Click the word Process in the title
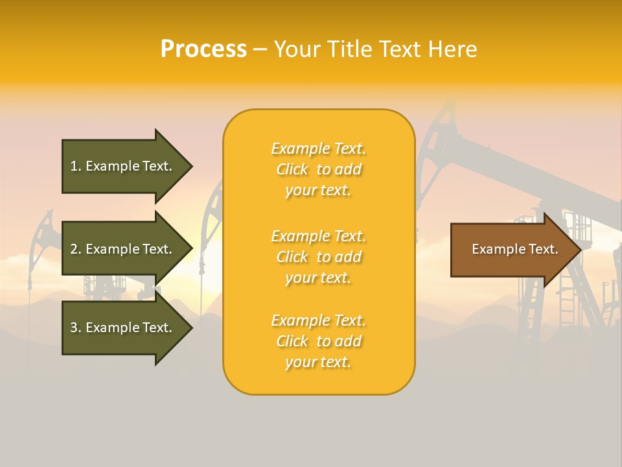[x=203, y=49]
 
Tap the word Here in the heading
[x=452, y=49]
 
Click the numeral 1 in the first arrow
[x=74, y=166]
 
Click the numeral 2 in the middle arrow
[x=74, y=249]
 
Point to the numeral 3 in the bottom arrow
[x=74, y=328]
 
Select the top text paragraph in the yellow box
[x=318, y=169]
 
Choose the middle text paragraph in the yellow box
[x=318, y=257]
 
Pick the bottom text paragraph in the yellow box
[x=318, y=341]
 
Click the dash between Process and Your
[x=260, y=50]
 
